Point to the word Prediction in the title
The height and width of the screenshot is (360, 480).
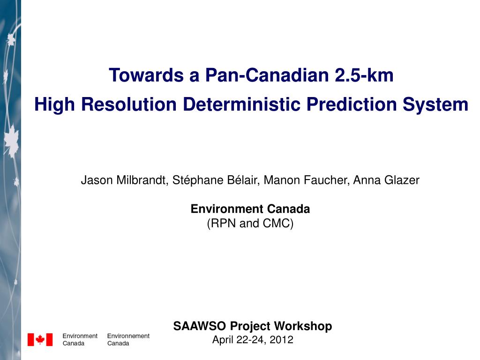tap(354, 104)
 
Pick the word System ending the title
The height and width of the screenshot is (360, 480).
tap(437, 104)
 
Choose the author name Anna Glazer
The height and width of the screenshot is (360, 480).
tap(386, 180)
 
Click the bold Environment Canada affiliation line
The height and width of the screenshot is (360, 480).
tap(250, 209)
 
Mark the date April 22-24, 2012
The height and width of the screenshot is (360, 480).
tap(253, 340)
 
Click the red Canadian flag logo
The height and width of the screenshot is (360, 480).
tap(40, 339)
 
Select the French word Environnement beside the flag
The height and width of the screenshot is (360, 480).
tap(128, 336)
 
